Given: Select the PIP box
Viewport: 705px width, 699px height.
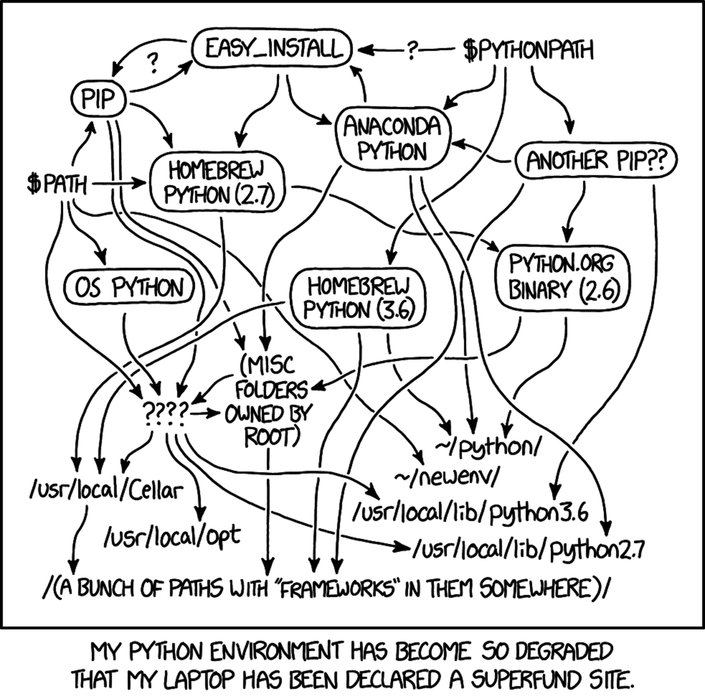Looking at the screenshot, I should tap(98, 99).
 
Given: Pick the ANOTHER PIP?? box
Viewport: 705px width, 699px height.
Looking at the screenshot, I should tap(595, 160).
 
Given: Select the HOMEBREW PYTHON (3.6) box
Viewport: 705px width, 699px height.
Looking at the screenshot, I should tap(358, 298).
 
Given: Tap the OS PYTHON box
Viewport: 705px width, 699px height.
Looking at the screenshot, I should tap(130, 288).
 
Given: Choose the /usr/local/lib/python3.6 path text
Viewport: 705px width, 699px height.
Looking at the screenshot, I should tap(470, 513).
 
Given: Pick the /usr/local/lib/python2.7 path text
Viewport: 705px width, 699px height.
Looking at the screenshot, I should tap(529, 551).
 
